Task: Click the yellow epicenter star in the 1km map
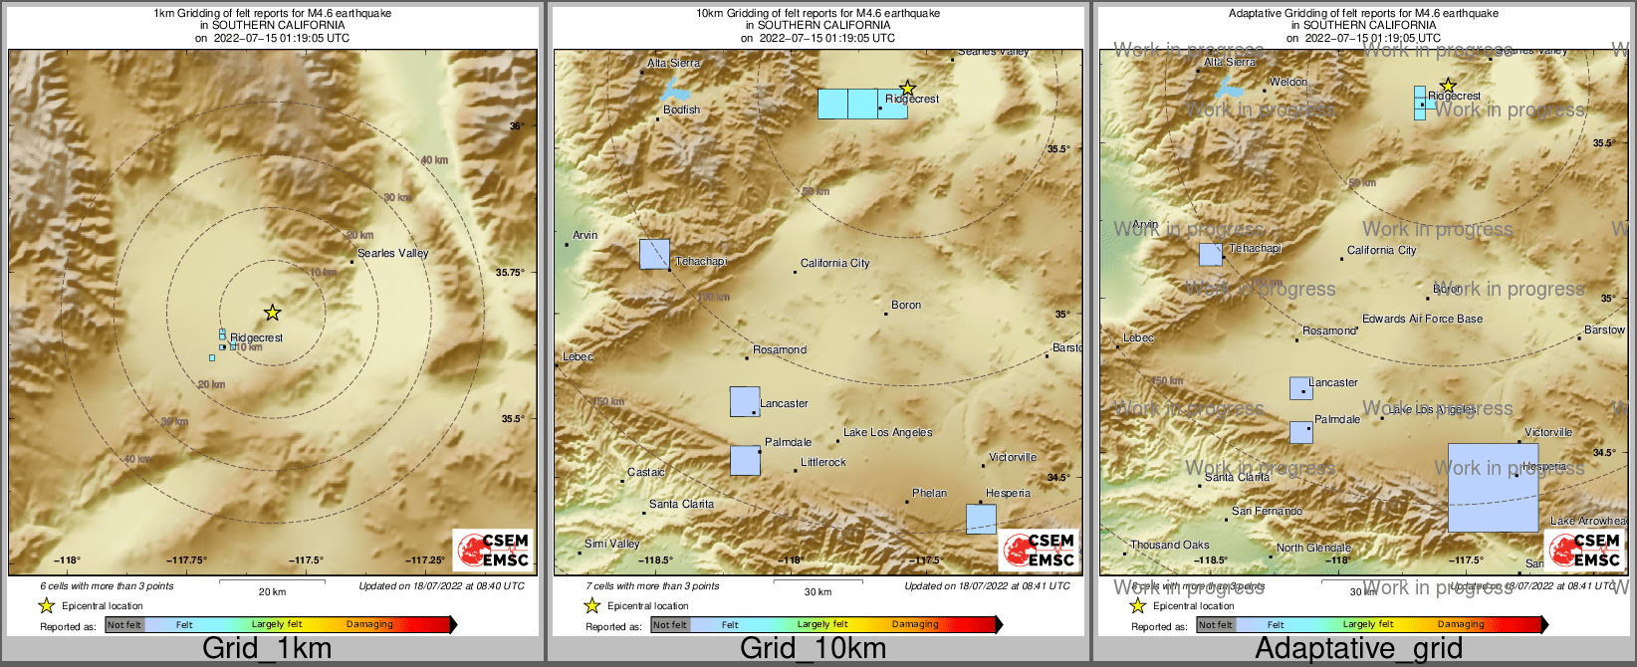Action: [272, 313]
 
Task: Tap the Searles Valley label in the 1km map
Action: [392, 254]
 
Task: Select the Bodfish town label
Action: [681, 111]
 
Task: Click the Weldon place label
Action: [1288, 83]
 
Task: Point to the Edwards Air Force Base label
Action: [1422, 320]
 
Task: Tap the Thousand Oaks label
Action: [1169, 546]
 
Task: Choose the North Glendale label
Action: [1313, 549]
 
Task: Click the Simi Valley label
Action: [611, 545]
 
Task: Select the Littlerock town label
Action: [823, 463]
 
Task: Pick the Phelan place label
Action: [929, 494]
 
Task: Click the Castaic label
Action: [646, 473]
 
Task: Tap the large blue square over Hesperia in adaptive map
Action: [1493, 488]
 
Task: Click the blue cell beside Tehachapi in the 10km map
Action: [654, 254]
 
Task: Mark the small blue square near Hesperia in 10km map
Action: [981, 519]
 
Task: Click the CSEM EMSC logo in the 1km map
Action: [493, 551]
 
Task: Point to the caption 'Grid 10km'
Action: [813, 649]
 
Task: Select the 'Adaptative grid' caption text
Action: [1358, 649]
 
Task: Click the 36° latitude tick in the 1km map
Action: [516, 126]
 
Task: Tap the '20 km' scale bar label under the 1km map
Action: [272, 592]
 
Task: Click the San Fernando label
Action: [1267, 512]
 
